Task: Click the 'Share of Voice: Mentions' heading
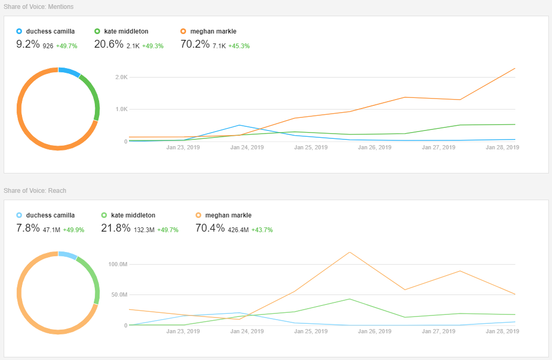(39, 7)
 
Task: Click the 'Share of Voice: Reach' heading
(35, 191)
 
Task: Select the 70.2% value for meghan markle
(194, 45)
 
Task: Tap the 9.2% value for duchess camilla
(28, 45)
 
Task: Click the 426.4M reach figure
(239, 230)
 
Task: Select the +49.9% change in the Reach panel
(73, 230)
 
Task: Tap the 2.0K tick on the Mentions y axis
(121, 78)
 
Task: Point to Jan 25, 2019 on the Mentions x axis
(311, 147)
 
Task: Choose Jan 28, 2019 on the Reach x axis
(502, 331)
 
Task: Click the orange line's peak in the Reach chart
(349, 252)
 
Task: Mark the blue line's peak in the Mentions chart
(240, 125)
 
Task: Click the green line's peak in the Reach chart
(350, 299)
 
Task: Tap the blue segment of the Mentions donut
(69, 72)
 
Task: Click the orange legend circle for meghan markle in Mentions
(183, 31)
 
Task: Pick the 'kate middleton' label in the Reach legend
(133, 215)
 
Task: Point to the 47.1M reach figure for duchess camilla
(51, 230)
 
